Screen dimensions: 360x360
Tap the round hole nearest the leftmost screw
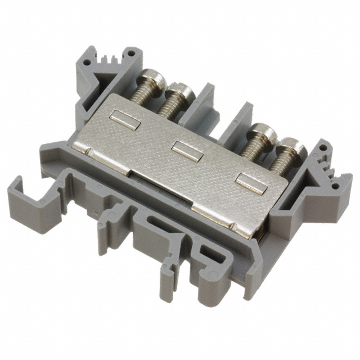131,55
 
